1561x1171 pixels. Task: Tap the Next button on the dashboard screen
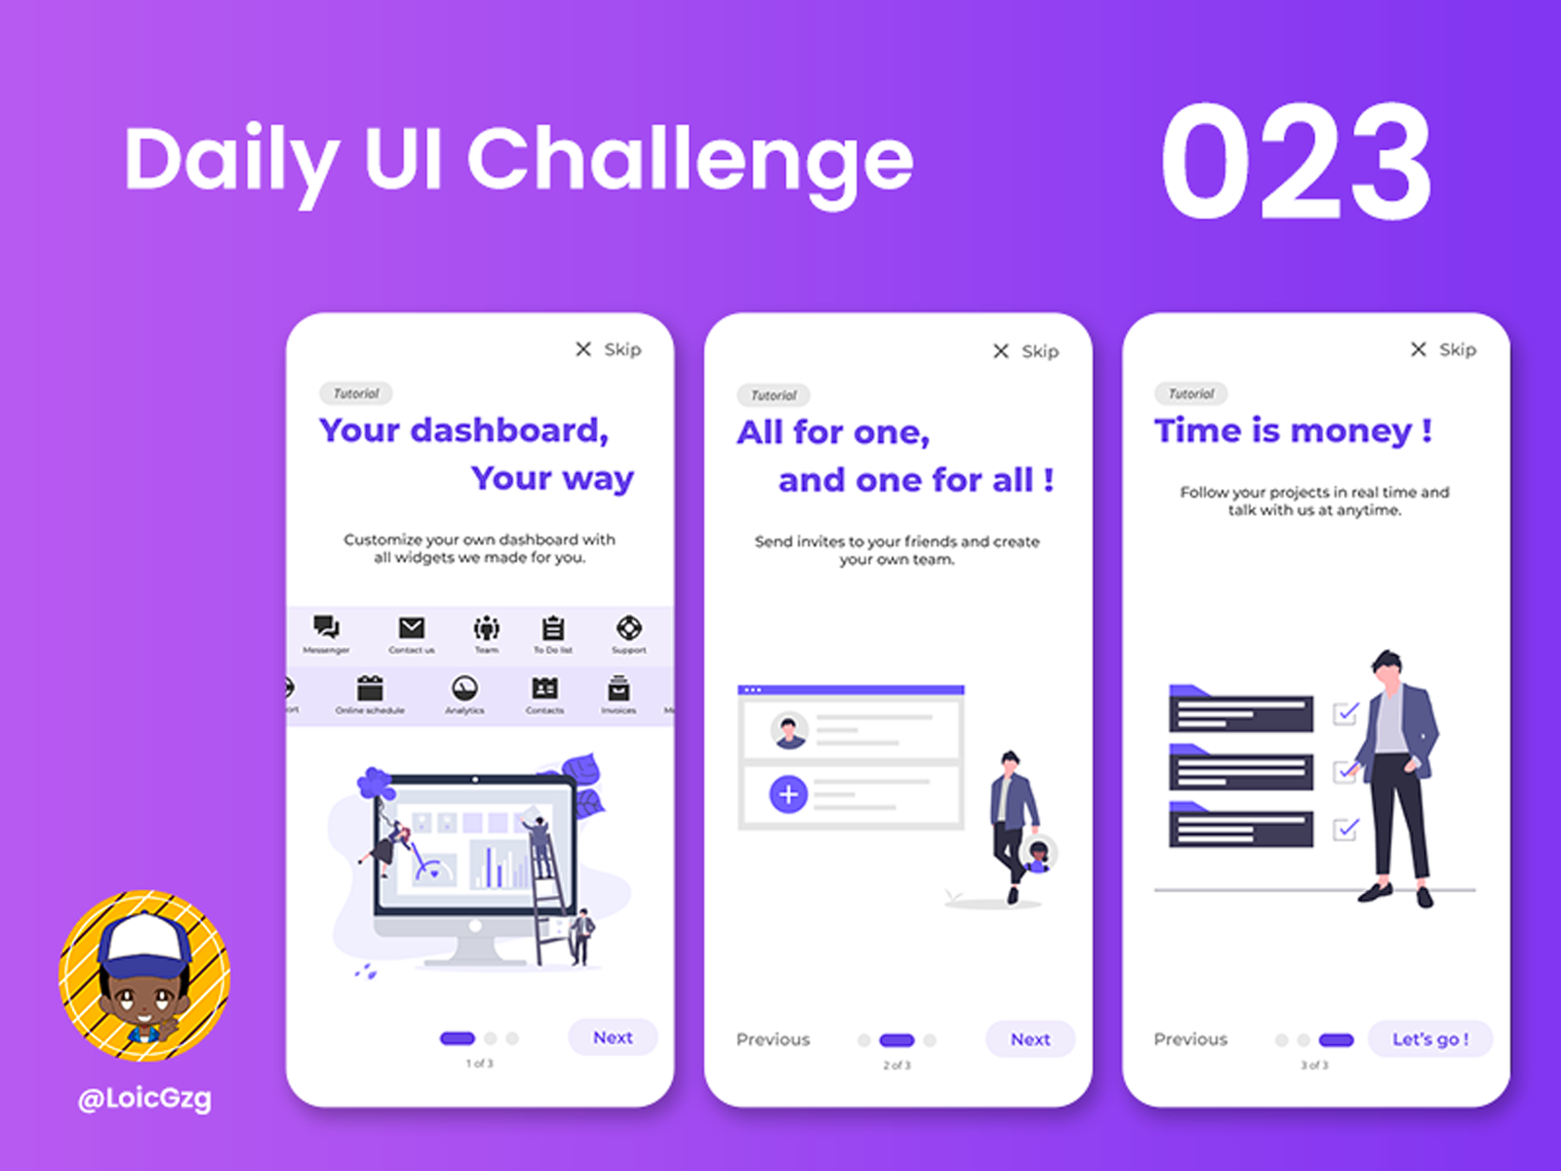pos(613,1037)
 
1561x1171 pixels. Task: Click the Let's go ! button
pos(1430,1039)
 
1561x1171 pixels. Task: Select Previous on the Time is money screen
pos(1190,1039)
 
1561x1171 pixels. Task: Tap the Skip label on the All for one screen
pos(1040,351)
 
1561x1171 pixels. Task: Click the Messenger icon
pos(326,627)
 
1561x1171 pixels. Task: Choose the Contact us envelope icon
pos(412,627)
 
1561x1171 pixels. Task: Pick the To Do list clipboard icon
pos(553,627)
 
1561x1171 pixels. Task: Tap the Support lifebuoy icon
pos(629,627)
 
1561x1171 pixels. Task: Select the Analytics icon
pos(464,689)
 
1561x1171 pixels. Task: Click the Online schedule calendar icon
pos(370,689)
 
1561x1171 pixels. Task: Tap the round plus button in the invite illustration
pos(788,794)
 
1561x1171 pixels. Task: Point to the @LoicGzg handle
pos(144,1099)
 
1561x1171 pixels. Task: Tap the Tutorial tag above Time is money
pos(1191,393)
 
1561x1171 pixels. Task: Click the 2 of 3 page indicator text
pos(897,1066)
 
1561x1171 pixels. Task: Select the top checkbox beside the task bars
pos(1346,713)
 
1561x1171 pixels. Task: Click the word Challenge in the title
pos(690,161)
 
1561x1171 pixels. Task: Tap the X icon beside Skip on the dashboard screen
pos(583,349)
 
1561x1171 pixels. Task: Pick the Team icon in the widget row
pos(486,627)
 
